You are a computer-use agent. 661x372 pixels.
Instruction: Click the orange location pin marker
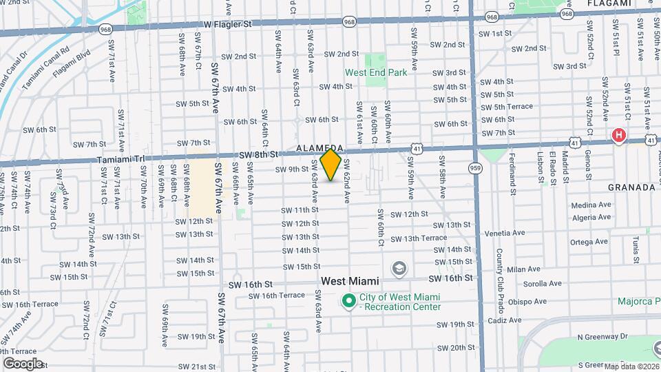click(331, 165)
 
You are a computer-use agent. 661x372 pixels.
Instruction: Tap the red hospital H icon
click(619, 136)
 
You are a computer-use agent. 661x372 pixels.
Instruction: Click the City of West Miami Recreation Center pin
click(349, 301)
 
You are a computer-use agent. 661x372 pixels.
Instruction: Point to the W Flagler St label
click(228, 24)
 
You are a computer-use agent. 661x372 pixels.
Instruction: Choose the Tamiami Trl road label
click(120, 159)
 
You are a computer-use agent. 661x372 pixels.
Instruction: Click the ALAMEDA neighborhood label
click(319, 148)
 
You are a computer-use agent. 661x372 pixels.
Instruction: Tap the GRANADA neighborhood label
click(631, 187)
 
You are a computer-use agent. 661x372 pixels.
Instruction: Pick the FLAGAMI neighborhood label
click(609, 3)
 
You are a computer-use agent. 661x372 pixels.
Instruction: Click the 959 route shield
click(475, 167)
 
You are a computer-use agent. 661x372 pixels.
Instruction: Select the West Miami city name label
click(352, 282)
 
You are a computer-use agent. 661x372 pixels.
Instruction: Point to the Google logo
click(23, 363)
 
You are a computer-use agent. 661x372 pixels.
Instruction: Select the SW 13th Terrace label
click(418, 238)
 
